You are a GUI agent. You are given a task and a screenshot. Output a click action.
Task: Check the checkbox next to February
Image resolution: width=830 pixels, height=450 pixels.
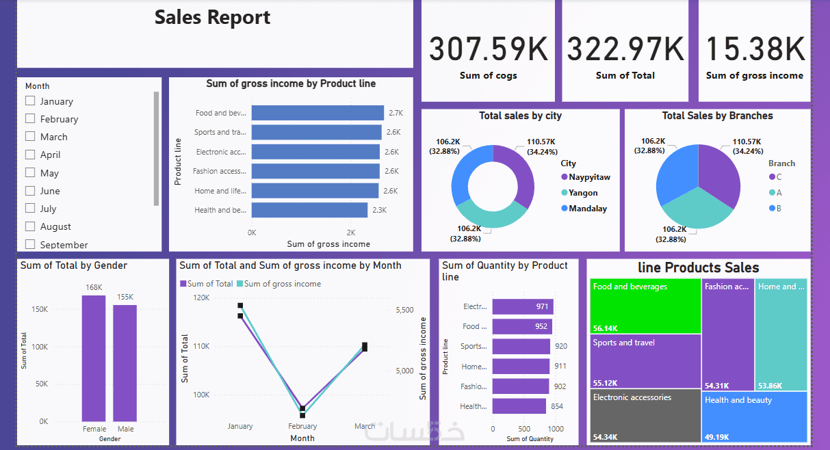click(x=30, y=118)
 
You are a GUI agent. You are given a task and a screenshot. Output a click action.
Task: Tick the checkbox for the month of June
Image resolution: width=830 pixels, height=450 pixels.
click(x=30, y=190)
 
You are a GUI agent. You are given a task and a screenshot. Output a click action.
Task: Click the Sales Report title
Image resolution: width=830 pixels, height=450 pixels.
click(x=212, y=18)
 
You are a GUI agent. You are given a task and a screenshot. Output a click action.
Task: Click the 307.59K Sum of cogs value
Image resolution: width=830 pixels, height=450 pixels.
click(x=488, y=50)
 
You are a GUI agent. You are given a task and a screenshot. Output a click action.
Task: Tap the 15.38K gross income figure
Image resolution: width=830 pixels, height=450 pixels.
click(x=755, y=50)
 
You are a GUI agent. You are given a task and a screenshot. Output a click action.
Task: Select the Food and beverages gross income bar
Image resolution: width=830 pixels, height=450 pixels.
click(x=317, y=113)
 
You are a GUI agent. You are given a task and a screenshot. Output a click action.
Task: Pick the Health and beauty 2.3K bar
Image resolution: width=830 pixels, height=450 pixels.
click(x=309, y=210)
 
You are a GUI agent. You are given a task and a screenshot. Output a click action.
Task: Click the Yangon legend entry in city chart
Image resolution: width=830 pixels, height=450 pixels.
click(x=582, y=193)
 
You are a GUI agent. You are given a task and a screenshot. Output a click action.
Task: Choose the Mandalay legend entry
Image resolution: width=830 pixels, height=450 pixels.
click(x=587, y=209)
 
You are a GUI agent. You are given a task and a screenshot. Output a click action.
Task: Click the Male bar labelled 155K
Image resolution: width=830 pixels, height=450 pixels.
click(x=125, y=362)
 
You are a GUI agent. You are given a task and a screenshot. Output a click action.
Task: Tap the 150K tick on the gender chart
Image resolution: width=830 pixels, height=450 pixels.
click(x=40, y=309)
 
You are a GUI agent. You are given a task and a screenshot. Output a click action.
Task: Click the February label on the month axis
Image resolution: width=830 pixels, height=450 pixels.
click(x=302, y=427)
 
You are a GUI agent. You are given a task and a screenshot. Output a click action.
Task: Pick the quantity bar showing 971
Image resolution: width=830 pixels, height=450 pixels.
click(x=522, y=307)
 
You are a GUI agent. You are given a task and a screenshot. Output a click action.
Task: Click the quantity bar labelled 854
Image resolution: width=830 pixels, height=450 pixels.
click(x=519, y=406)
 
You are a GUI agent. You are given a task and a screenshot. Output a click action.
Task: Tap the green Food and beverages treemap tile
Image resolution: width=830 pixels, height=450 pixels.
click(x=645, y=306)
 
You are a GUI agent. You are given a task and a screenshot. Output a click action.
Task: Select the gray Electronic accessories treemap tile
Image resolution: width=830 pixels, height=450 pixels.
click(x=645, y=416)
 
